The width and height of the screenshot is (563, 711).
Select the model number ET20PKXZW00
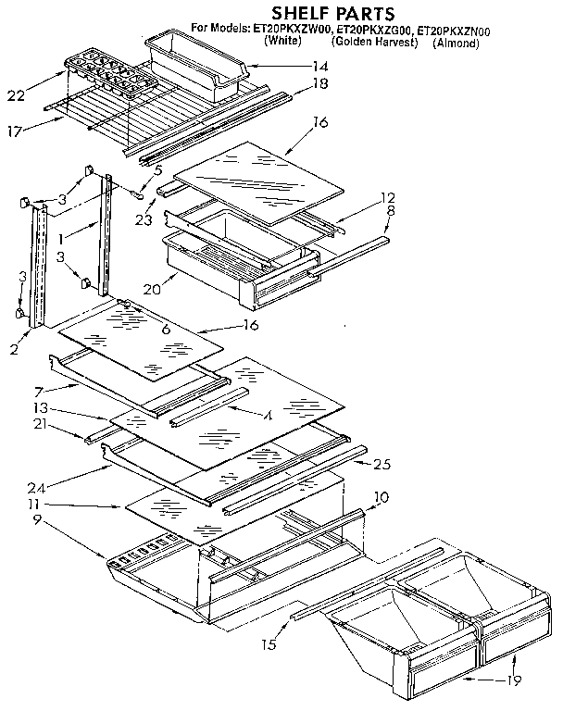[293, 31]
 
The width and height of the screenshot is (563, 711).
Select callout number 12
[388, 197]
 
